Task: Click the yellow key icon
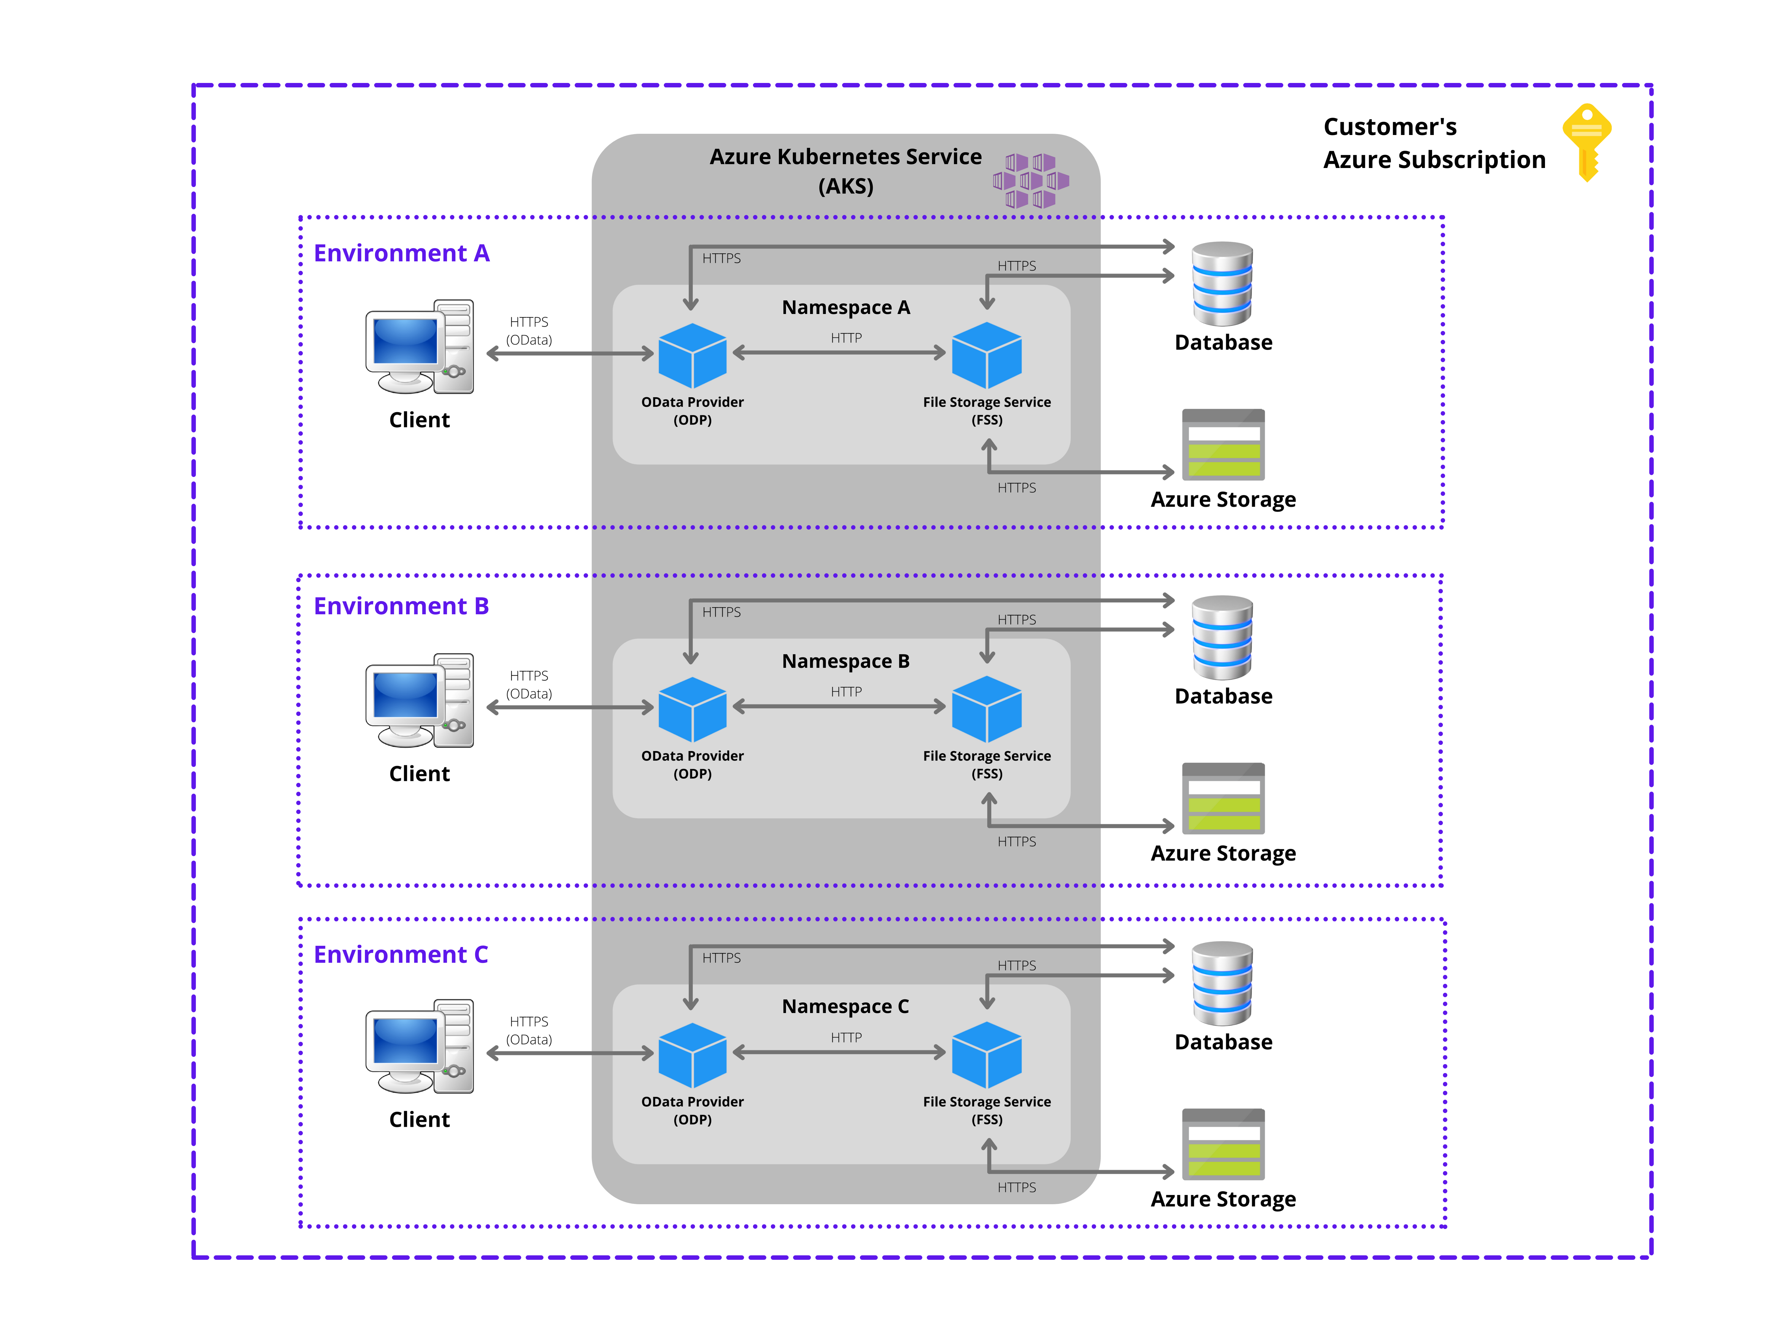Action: (x=1586, y=141)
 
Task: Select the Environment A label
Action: (x=401, y=253)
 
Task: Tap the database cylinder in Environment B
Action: (x=1222, y=637)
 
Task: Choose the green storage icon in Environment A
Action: (x=1223, y=445)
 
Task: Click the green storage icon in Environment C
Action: (x=1223, y=1144)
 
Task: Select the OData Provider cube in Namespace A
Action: (x=692, y=356)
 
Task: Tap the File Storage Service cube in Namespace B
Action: (x=987, y=709)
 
